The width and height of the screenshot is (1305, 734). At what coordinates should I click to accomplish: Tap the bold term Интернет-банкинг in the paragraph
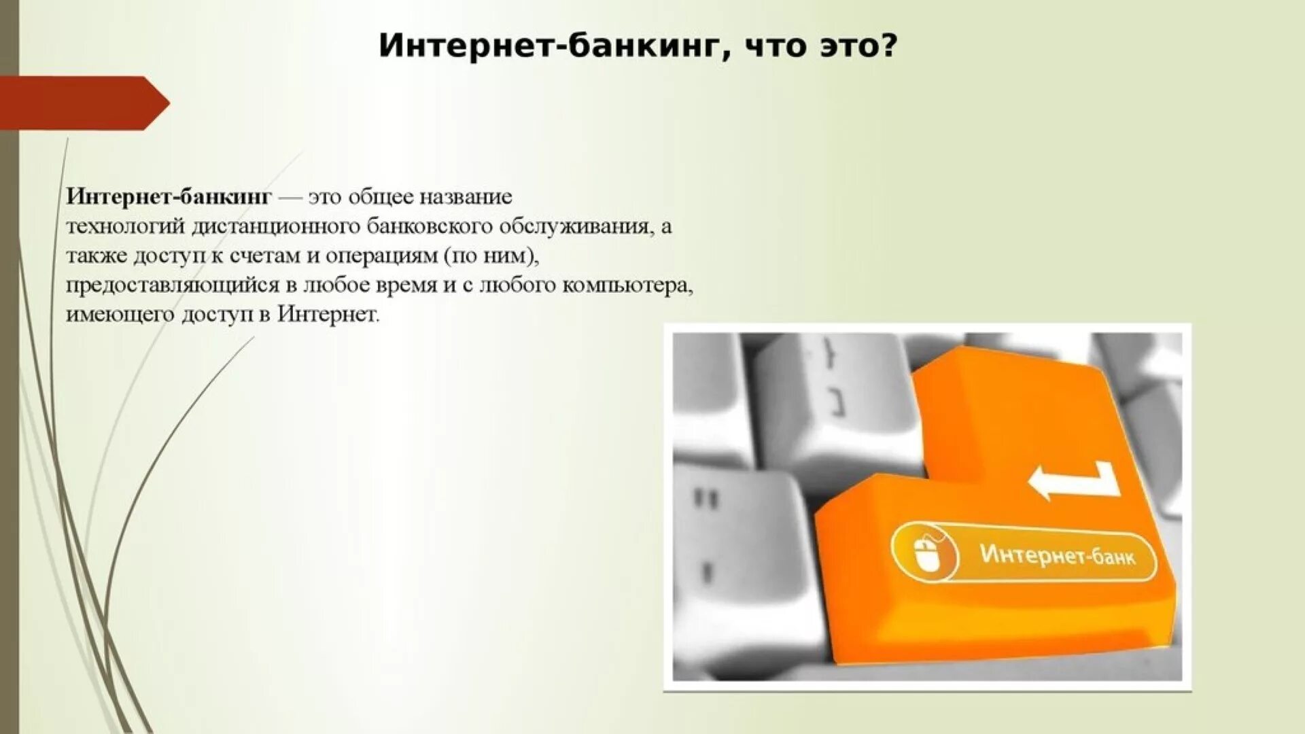coord(169,196)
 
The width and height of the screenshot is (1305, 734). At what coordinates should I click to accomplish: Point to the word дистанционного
coord(275,226)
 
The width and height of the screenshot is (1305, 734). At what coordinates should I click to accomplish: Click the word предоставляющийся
coord(173,285)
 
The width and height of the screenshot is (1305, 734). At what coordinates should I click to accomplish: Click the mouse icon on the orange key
coord(926,552)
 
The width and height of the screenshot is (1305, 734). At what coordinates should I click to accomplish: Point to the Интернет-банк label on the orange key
coord(1057,555)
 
